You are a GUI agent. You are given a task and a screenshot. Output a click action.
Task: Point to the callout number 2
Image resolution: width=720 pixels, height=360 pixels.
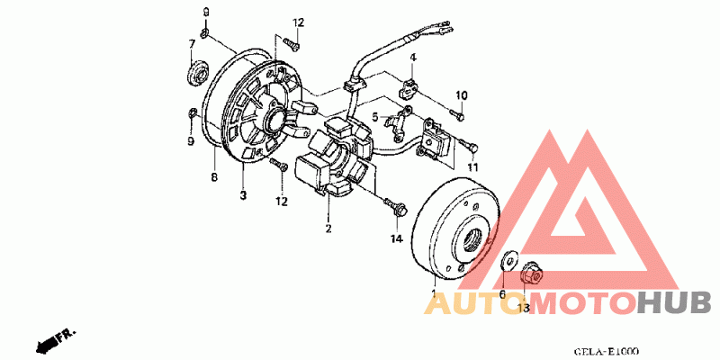(x=328, y=229)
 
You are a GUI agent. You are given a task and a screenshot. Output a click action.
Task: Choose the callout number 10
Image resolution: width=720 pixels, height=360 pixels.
(x=461, y=95)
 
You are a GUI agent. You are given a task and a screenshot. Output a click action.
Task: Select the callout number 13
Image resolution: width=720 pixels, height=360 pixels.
(x=523, y=308)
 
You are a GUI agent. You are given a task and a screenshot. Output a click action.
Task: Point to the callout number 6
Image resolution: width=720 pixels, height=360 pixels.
(x=503, y=293)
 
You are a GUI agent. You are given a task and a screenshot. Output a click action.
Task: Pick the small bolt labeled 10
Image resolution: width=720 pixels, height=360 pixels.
(x=458, y=114)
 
